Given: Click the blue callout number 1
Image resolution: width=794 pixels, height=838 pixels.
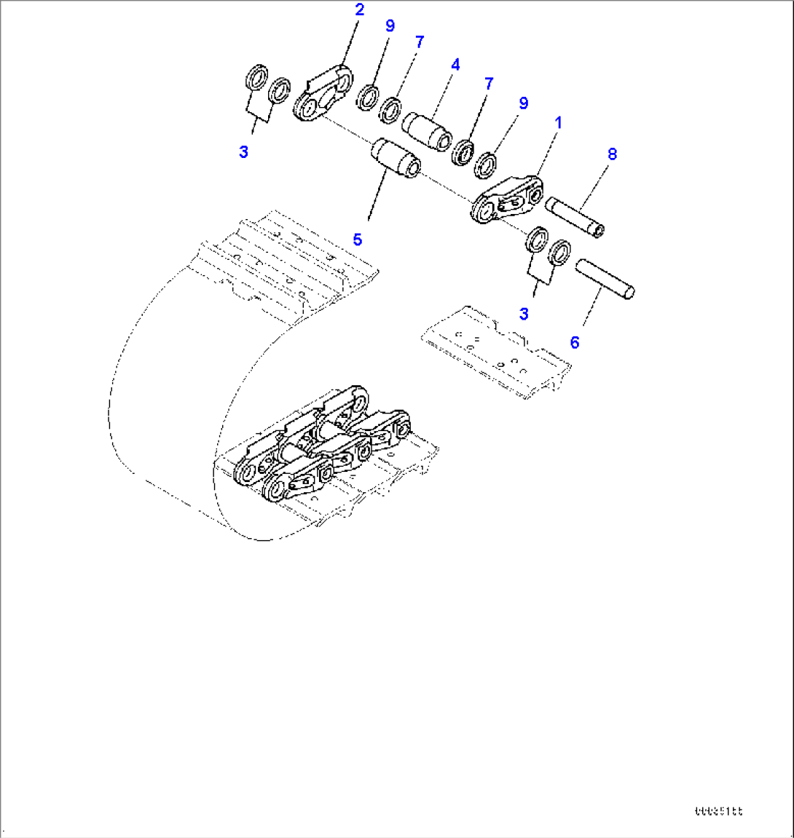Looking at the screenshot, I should pyautogui.click(x=559, y=123).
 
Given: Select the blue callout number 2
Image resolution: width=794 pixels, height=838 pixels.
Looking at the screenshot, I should pyautogui.click(x=360, y=9).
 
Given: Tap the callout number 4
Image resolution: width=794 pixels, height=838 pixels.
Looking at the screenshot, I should pyautogui.click(x=455, y=65).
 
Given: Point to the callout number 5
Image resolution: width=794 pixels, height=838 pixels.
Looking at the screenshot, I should pyautogui.click(x=358, y=240).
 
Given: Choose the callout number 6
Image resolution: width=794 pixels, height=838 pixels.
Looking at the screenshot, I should pyautogui.click(x=575, y=342).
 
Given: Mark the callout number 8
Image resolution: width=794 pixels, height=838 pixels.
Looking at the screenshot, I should pyautogui.click(x=612, y=154).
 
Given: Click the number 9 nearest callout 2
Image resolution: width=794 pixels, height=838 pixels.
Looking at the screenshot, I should pyautogui.click(x=390, y=26).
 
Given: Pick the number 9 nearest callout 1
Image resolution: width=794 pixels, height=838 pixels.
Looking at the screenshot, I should pyautogui.click(x=523, y=103).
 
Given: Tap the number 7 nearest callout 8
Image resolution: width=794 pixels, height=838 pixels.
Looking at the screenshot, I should pyautogui.click(x=488, y=84).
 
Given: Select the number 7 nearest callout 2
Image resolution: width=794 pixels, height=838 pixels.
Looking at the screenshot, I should pyautogui.click(x=419, y=42).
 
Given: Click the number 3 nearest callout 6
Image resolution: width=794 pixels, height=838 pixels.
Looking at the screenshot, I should pyautogui.click(x=524, y=314).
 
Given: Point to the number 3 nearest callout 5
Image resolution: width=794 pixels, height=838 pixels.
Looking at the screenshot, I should pyautogui.click(x=243, y=152).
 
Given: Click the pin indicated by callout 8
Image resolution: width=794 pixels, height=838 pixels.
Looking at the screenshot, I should pyautogui.click(x=576, y=217).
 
